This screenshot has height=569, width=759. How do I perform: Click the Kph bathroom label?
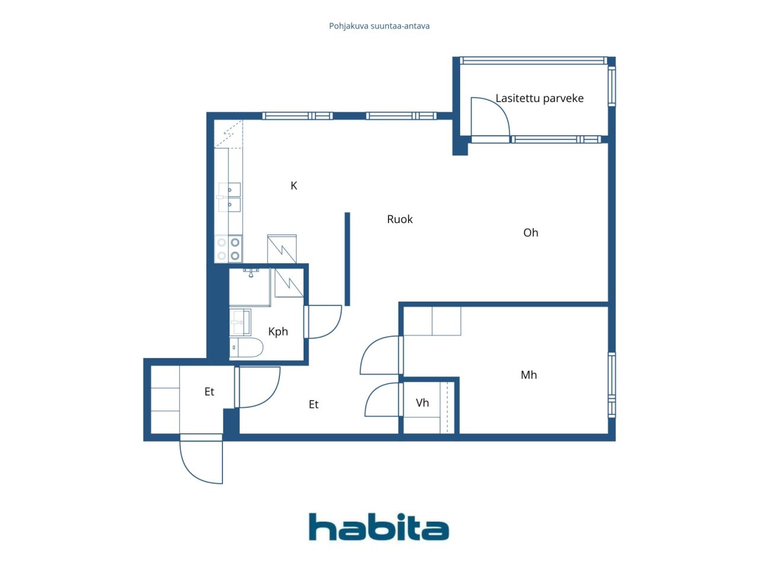click(278, 332)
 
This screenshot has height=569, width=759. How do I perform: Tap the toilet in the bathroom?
click(246, 347)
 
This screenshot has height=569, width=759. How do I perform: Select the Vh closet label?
click(422, 402)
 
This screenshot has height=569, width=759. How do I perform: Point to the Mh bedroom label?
click(529, 375)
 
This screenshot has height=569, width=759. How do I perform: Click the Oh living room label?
click(531, 232)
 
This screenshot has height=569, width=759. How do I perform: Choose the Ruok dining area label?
click(400, 219)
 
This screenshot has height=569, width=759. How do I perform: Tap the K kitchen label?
click(294, 186)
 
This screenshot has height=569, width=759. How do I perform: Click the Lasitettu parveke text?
click(540, 98)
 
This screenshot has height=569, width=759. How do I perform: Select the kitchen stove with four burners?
click(228, 249)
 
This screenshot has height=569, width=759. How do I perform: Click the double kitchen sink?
click(229, 197)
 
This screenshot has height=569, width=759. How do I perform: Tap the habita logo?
click(379, 526)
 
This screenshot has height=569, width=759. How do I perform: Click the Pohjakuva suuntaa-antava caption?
click(379, 26)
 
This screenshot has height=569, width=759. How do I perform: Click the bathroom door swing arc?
click(332, 328)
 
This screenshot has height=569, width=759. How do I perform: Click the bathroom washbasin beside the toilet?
click(240, 322)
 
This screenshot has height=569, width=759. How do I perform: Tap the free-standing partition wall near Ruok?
click(347, 259)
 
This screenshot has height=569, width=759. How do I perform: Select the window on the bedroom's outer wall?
click(612, 385)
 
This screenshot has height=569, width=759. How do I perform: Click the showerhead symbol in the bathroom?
click(251, 273)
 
